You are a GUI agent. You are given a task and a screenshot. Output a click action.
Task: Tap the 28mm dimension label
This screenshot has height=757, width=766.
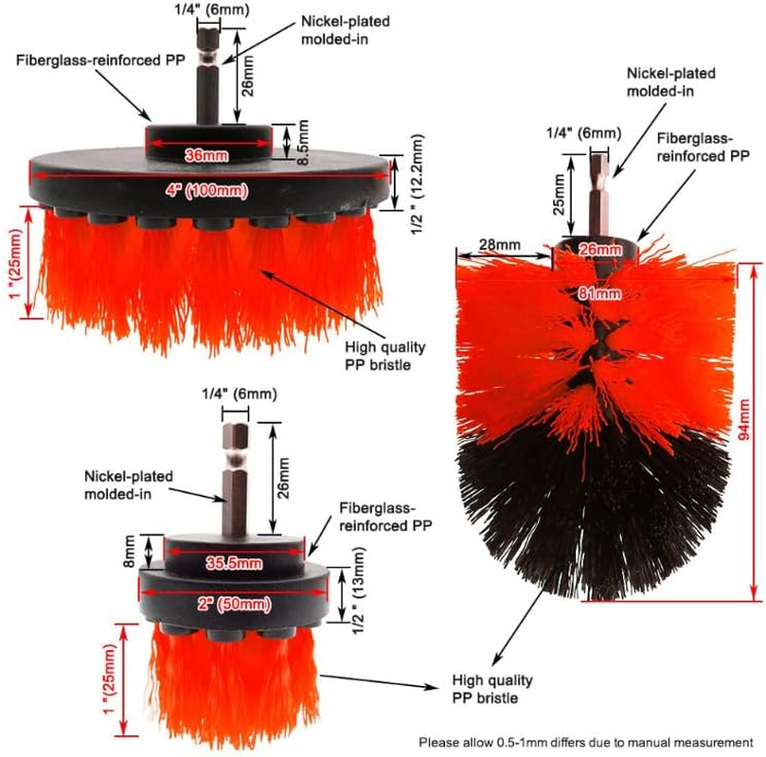(x=499, y=245)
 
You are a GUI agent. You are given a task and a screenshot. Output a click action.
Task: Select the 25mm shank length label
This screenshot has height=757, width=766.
(x=560, y=192)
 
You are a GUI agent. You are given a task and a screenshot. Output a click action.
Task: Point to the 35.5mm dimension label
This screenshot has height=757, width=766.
(x=235, y=563)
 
